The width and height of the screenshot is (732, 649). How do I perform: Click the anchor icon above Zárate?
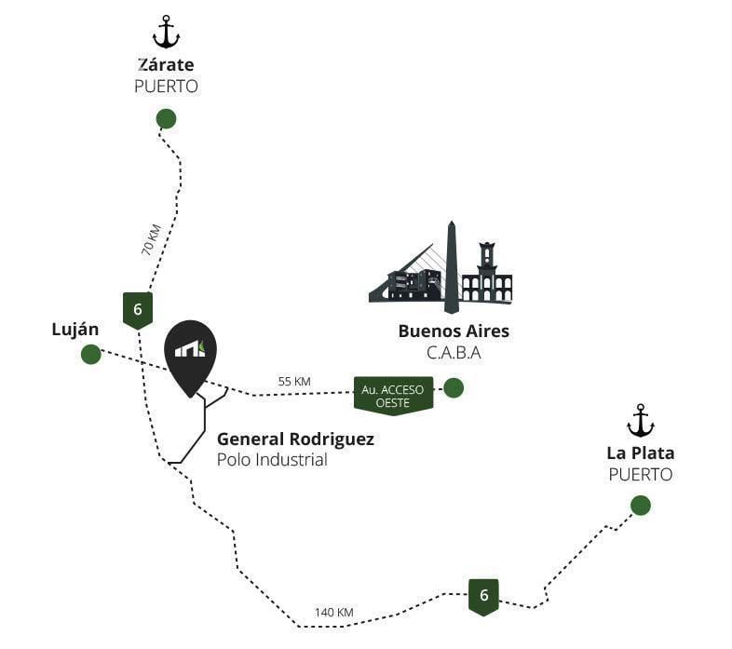coord(166,32)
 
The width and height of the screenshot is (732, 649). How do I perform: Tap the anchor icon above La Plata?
coord(641,421)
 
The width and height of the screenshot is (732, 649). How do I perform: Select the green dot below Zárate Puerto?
coord(166,118)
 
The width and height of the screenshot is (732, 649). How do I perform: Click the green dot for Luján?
coord(90,355)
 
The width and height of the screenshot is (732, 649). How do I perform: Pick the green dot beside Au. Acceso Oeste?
coord(454,388)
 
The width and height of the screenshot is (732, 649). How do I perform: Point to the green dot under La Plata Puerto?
coord(641,506)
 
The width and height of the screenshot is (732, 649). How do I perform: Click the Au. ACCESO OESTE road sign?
coord(393,396)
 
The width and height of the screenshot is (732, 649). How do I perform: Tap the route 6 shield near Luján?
coord(138,310)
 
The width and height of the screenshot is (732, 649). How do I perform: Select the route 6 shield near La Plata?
coord(483,597)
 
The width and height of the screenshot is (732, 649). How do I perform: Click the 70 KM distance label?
coord(151,240)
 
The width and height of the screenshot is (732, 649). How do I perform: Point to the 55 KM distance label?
coord(294,382)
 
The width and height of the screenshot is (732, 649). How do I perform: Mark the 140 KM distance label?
coord(333,612)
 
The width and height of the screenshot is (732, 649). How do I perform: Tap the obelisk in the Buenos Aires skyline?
coord(451,267)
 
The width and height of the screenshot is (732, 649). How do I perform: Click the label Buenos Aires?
coord(454,331)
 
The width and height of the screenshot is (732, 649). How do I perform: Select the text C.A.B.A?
coord(454,353)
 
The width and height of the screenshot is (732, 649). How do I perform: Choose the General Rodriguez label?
coord(295,439)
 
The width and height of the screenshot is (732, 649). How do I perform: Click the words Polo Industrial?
coord(272,460)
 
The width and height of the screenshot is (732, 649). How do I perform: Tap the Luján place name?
coord(75,330)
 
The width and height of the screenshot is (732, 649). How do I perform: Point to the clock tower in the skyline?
coord(487,259)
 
